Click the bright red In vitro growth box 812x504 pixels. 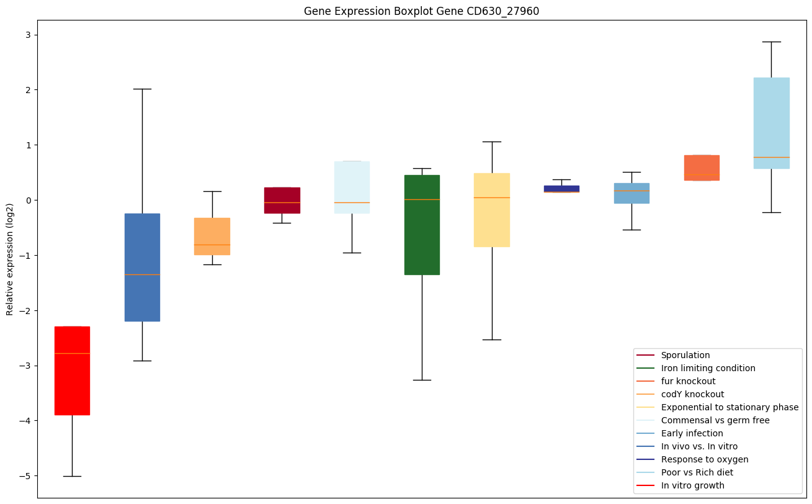[72, 371]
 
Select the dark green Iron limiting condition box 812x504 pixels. [422, 225]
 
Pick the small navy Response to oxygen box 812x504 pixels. [561, 189]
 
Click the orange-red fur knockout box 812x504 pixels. [702, 168]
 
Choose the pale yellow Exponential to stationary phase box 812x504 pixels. [492, 210]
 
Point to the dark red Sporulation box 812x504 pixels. [282, 200]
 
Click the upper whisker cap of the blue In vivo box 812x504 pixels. [142, 89]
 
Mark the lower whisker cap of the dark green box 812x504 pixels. [422, 380]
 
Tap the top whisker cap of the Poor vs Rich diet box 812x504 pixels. [771, 42]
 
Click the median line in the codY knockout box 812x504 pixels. [212, 245]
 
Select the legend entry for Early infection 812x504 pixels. [692, 433]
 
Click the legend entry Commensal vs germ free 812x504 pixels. [715, 420]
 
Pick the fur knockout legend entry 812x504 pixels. [688, 381]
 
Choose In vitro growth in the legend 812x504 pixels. [692, 485]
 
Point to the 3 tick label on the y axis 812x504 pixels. [27, 35]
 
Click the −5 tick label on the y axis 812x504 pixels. [24, 476]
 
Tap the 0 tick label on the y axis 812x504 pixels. [27, 200]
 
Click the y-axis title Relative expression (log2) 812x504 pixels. [10, 259]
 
